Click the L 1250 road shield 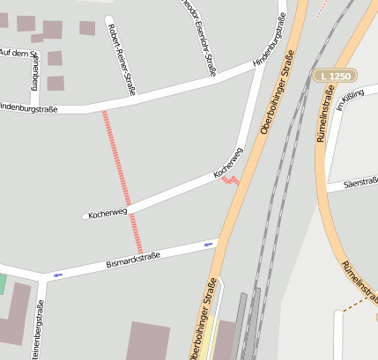334,77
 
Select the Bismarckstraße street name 133,259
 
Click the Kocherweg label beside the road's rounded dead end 109,213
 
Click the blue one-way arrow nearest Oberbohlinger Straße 209,244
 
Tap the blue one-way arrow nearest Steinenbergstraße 58,275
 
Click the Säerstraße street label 360,182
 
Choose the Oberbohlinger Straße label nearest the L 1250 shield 278,92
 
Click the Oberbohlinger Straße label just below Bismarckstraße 202,318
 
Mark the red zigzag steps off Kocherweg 231,180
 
